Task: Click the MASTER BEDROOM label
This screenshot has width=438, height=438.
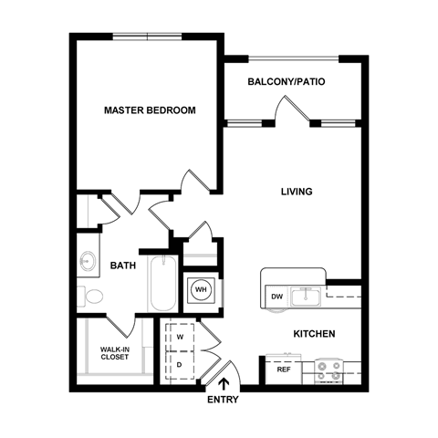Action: (150, 110)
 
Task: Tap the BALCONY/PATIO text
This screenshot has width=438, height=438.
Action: (287, 82)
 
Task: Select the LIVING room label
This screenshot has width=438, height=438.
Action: (297, 192)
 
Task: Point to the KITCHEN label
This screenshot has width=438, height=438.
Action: (313, 334)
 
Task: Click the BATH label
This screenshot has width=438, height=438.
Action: (124, 266)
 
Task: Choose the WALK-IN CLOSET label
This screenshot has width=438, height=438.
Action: (115, 353)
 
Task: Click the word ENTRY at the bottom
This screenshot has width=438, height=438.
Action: (224, 400)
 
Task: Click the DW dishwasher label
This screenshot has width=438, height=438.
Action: (276, 297)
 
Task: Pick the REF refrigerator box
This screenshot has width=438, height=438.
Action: (283, 370)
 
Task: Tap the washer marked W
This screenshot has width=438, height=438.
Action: (180, 336)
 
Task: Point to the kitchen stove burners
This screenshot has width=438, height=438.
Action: (328, 370)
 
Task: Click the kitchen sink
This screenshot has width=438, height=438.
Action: (308, 297)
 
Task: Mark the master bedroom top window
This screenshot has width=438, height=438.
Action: (148, 36)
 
